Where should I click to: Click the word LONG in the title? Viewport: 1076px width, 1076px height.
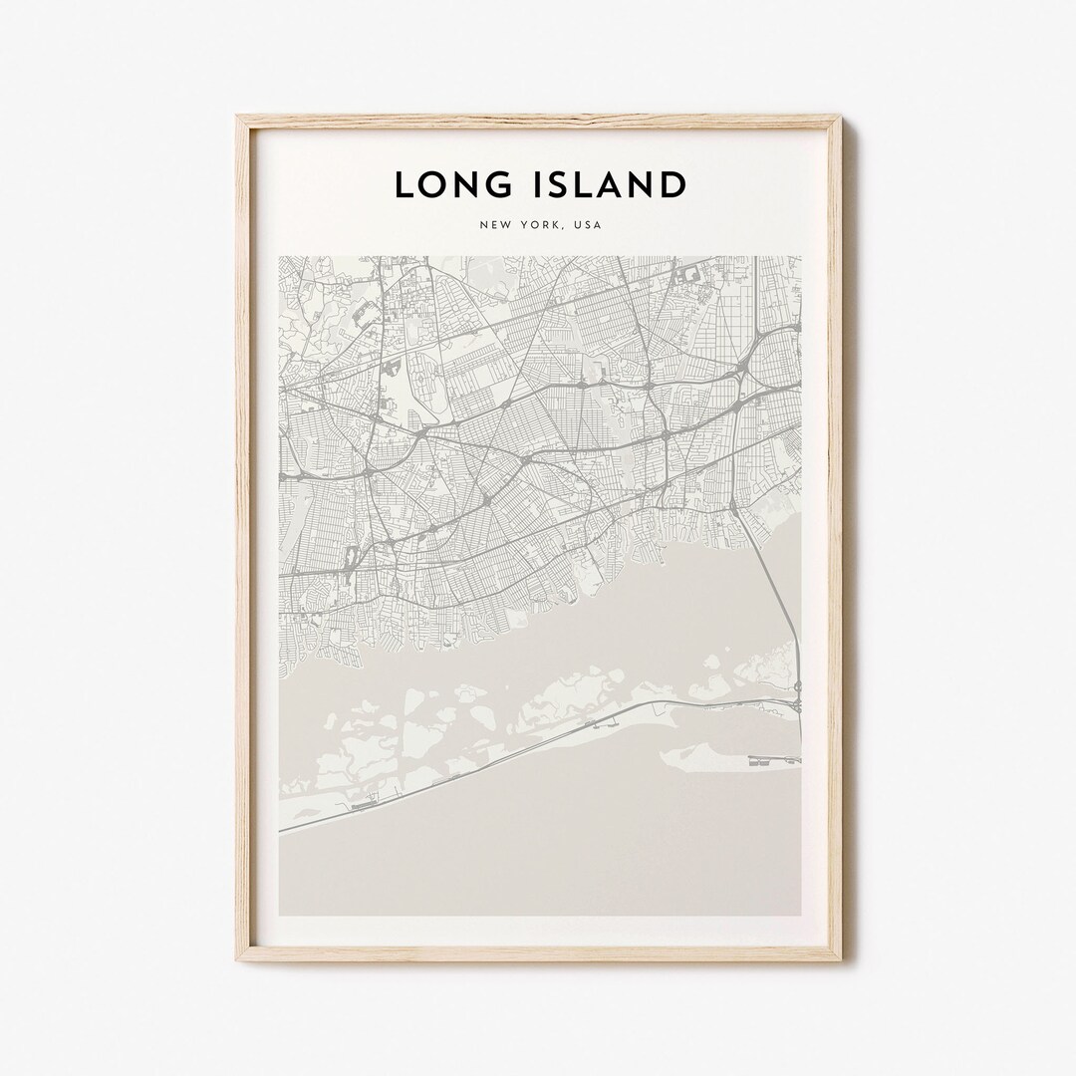[459, 185]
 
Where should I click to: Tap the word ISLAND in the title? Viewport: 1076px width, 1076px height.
[614, 185]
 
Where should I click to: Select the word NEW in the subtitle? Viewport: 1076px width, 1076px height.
[494, 226]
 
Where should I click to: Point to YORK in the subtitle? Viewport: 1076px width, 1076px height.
[538, 226]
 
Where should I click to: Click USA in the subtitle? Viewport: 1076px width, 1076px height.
[588, 226]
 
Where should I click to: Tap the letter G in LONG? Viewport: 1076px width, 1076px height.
[508, 185]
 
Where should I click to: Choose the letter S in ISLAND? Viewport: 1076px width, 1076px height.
[572, 185]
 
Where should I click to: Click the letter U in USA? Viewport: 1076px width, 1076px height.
[577, 226]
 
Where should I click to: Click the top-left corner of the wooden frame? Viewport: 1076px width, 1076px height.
[238, 117]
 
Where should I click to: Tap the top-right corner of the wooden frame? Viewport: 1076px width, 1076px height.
[841, 117]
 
